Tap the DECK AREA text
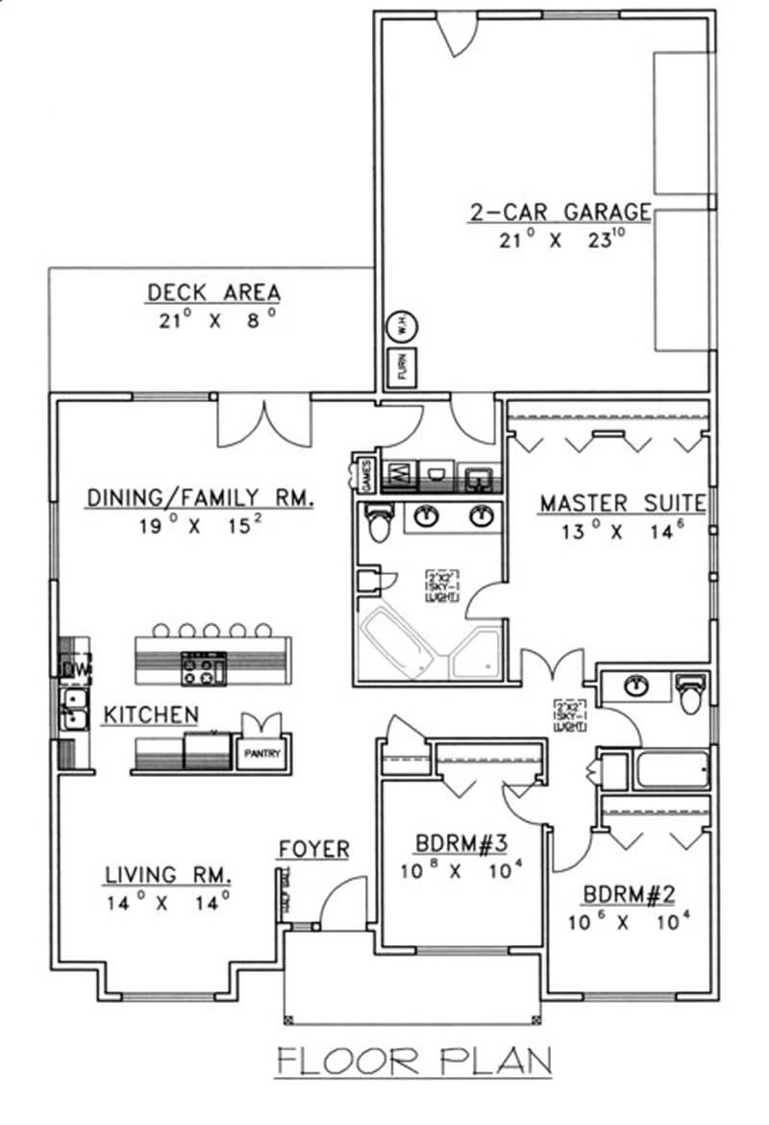(213, 291)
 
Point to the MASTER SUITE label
(622, 503)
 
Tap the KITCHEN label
(151, 715)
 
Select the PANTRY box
(263, 754)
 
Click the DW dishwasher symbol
(74, 667)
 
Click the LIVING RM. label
(168, 875)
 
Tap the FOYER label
(313, 849)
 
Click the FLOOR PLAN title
(414, 1061)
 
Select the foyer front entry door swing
(341, 904)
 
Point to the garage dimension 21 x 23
(559, 241)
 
